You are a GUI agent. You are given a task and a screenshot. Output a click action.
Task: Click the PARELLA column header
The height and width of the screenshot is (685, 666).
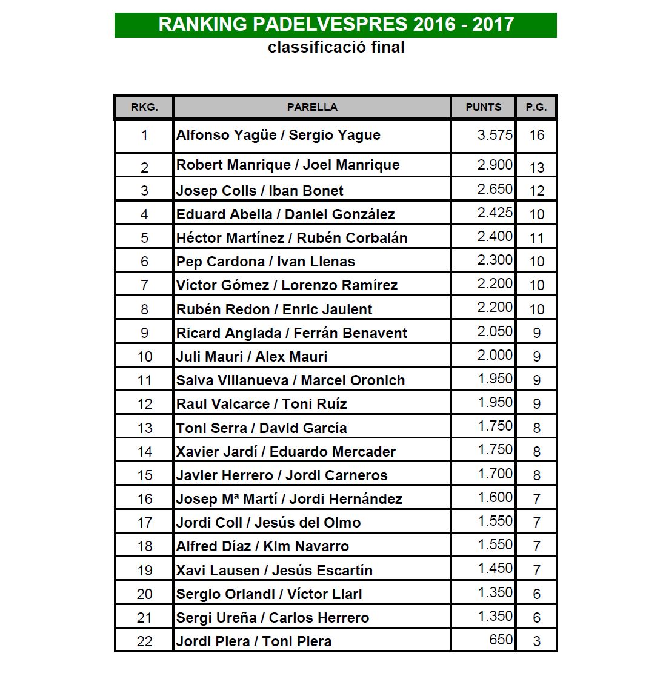pos(312,107)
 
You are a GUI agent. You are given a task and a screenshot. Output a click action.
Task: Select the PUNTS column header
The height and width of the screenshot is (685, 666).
pos(483,107)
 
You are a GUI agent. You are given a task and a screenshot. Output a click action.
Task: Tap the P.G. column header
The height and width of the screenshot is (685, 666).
pos(536,107)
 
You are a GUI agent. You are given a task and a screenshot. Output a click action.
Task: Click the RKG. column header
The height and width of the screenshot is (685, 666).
pos(144,107)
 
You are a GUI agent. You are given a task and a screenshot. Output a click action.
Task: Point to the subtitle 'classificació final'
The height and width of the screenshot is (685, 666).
pos(336,47)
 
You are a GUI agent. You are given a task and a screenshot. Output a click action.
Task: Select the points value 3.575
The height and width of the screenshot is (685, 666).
pos(495,135)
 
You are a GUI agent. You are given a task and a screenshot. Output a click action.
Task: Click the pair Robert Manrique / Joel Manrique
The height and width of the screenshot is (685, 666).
pos(287,165)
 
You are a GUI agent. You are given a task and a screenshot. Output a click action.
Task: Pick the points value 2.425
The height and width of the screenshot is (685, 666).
pos(495,213)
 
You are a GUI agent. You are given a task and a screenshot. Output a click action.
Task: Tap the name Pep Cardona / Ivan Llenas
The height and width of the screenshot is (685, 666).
pos(265,262)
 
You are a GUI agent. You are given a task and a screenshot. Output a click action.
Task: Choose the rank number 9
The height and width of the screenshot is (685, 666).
pos(144,333)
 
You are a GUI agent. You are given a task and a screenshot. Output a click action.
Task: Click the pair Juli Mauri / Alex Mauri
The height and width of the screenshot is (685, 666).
pos(251,357)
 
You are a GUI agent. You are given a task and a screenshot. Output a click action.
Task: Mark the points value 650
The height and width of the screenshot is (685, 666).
pos(501,640)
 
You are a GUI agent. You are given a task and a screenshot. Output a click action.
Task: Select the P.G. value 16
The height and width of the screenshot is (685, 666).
pos(536,135)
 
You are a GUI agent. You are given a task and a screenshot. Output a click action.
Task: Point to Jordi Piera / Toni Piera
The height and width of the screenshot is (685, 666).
pos(253,641)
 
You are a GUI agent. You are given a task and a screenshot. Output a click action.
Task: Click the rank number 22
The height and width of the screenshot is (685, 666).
pos(144,641)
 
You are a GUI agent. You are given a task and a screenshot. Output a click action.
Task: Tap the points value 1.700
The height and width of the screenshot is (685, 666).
pos(495,474)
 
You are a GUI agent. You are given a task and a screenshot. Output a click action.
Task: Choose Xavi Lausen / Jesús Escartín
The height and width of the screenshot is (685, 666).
pos(274,570)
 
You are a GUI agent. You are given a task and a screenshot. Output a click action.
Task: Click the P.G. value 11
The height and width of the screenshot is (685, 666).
pos(536,238)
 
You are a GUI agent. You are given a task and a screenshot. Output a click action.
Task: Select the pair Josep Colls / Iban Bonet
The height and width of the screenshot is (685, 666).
pos(259,191)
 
